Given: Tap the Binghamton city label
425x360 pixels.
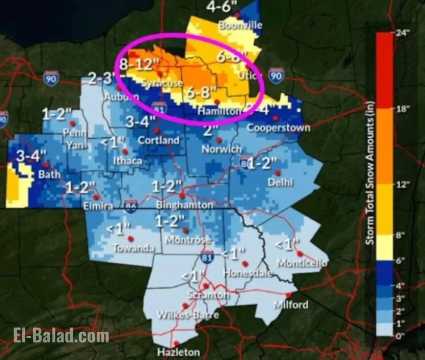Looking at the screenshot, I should point(185,205).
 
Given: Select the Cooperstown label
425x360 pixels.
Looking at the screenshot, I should point(278,127).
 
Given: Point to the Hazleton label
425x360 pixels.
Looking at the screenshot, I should point(178,352).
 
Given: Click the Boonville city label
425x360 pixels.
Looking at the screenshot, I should point(241,25).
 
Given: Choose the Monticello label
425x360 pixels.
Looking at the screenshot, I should point(302,263).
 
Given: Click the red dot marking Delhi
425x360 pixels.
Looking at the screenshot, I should point(277,172).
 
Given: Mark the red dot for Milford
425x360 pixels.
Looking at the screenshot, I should point(289,295).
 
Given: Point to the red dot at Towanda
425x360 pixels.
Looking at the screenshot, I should point(130,238).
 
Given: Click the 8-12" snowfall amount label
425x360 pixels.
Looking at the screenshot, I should point(139,64).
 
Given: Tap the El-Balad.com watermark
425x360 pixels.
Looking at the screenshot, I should point(61,336).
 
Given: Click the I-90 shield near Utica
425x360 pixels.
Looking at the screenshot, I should point(276,76).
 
